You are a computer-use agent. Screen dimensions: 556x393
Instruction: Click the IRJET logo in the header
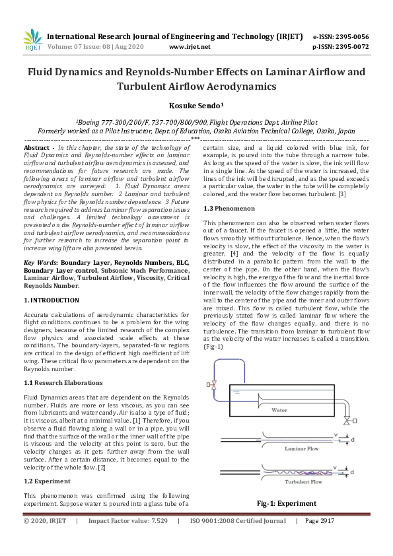click(32, 40)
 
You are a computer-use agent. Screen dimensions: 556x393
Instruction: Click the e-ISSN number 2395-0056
click(350, 36)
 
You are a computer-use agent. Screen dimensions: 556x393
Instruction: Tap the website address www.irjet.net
click(190, 47)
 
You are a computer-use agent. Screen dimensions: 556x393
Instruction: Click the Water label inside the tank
click(280, 409)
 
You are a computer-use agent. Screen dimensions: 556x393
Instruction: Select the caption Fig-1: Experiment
click(286, 503)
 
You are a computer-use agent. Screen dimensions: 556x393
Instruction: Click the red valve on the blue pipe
click(211, 384)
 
